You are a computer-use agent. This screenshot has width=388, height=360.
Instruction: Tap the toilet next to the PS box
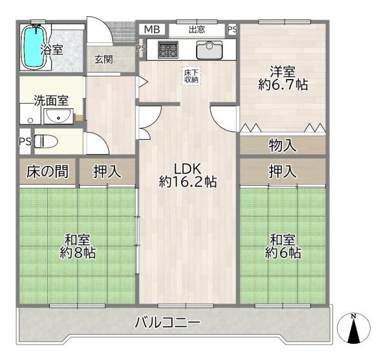pyautogui.click(x=47, y=141)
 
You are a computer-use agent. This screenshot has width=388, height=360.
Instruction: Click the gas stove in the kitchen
pyautogui.click(x=168, y=48)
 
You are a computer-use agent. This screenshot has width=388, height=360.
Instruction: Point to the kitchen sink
pyautogui.click(x=209, y=48)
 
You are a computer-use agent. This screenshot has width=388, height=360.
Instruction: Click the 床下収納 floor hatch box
pyautogui.click(x=191, y=76)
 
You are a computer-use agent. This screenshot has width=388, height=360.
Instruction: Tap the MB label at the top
pyautogui.click(x=151, y=29)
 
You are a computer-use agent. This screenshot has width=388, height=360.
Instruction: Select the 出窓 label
pyautogui.click(x=197, y=29)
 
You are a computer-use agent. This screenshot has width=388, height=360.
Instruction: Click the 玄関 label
pyautogui.click(x=103, y=60)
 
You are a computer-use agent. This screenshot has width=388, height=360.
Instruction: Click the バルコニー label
pyautogui.click(x=167, y=322)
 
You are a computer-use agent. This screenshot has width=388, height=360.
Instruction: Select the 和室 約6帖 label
pyautogui.click(x=283, y=245)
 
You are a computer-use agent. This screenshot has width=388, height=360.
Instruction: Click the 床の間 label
pyautogui.click(x=47, y=172)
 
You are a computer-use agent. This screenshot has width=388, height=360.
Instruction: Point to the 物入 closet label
pyautogui.click(x=283, y=146)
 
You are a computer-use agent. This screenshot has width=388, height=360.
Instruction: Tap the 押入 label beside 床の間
pyautogui.click(x=106, y=172)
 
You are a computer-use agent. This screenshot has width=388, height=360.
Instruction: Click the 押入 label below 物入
pyautogui.click(x=283, y=172)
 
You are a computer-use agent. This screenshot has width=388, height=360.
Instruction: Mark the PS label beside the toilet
pyautogui.click(x=25, y=142)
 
